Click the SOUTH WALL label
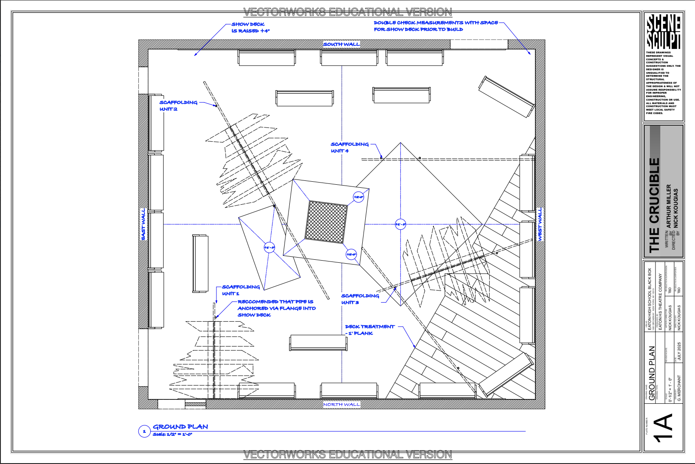point(341,44)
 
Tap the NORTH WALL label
point(341,405)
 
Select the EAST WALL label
point(144,224)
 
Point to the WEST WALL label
point(540,224)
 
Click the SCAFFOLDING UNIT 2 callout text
point(178,106)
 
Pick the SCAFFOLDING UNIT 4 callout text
point(349,147)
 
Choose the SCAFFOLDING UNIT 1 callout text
point(241,290)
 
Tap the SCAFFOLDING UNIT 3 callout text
point(360,299)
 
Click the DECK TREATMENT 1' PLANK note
point(370,330)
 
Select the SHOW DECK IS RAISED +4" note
point(250,27)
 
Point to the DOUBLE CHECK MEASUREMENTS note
point(436,26)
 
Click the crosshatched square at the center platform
point(327,221)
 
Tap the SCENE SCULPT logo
point(663,32)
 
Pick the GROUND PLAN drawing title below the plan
point(180,427)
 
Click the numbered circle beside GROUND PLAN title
point(144,431)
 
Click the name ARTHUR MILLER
point(669,206)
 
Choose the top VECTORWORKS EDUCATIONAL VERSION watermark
point(347,12)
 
